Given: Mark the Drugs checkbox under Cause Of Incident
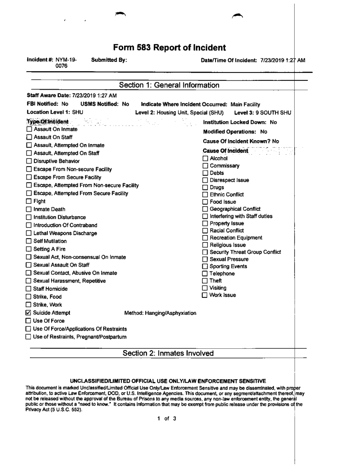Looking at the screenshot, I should tap(205, 187).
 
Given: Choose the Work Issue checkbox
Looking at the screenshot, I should tap(205, 295).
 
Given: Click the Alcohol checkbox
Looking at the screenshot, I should tap(205, 158).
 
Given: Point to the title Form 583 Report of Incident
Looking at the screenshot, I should tap(170, 47).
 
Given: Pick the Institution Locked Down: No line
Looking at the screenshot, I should tap(239, 122).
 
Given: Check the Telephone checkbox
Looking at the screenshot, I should tap(205, 274).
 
